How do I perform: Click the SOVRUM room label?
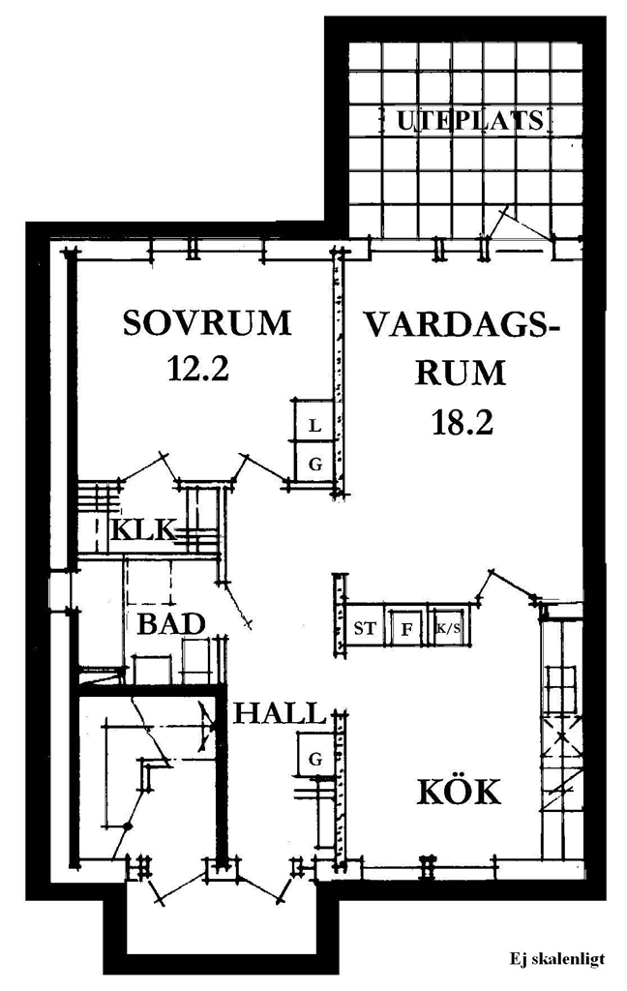(207, 323)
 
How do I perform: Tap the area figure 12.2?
(197, 368)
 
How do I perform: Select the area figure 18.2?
(463, 422)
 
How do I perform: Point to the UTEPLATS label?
(470, 120)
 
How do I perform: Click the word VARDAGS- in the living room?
(463, 326)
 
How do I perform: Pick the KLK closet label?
(142, 529)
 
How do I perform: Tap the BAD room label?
(171, 624)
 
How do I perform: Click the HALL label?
(280, 713)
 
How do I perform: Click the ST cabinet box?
(365, 629)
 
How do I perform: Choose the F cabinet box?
(407, 629)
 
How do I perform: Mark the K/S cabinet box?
(449, 629)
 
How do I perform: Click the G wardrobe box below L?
(314, 464)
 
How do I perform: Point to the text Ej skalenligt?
(557, 959)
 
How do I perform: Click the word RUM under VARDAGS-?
(461, 373)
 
